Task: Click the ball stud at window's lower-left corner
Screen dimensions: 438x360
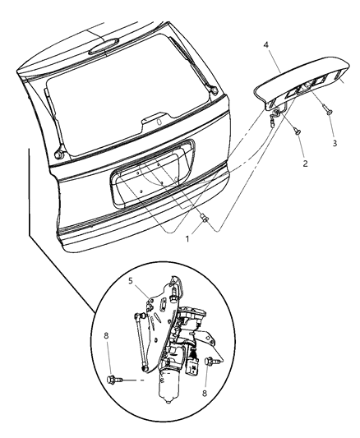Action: [x=60, y=152]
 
